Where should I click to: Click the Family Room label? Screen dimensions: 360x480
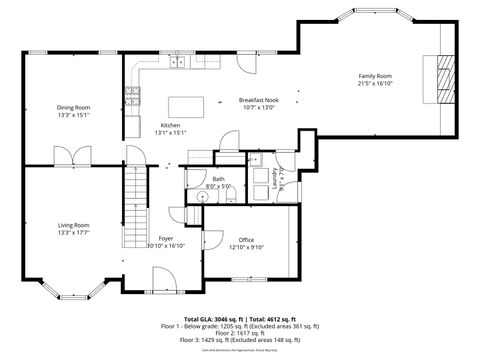(375, 76)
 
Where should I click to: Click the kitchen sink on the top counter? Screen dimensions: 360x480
(178, 63)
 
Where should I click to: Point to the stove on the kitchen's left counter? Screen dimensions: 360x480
(131, 96)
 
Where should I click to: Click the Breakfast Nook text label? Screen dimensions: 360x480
(258, 100)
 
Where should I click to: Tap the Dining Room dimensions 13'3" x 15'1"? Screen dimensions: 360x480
(74, 115)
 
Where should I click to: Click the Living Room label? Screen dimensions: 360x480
(74, 225)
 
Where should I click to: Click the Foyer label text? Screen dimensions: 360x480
(166, 238)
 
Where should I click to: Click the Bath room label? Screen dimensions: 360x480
(217, 178)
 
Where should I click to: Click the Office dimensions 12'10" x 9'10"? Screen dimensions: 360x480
(245, 247)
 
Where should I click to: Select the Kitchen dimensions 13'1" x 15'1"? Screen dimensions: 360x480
(170, 133)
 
